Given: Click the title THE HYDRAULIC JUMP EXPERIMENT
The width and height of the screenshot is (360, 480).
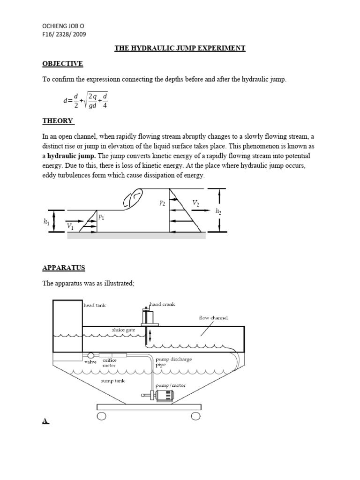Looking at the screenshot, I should (x=180, y=48).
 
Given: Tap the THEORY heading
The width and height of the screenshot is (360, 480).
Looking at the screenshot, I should (x=58, y=121).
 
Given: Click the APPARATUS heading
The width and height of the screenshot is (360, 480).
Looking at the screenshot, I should (x=63, y=268).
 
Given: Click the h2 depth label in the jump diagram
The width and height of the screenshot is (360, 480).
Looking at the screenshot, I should (x=218, y=211).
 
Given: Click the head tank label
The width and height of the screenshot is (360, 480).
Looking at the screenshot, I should (x=95, y=305).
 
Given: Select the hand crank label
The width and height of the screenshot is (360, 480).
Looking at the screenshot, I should (x=162, y=305).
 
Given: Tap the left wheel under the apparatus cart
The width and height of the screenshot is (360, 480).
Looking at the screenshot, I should (x=101, y=416).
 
